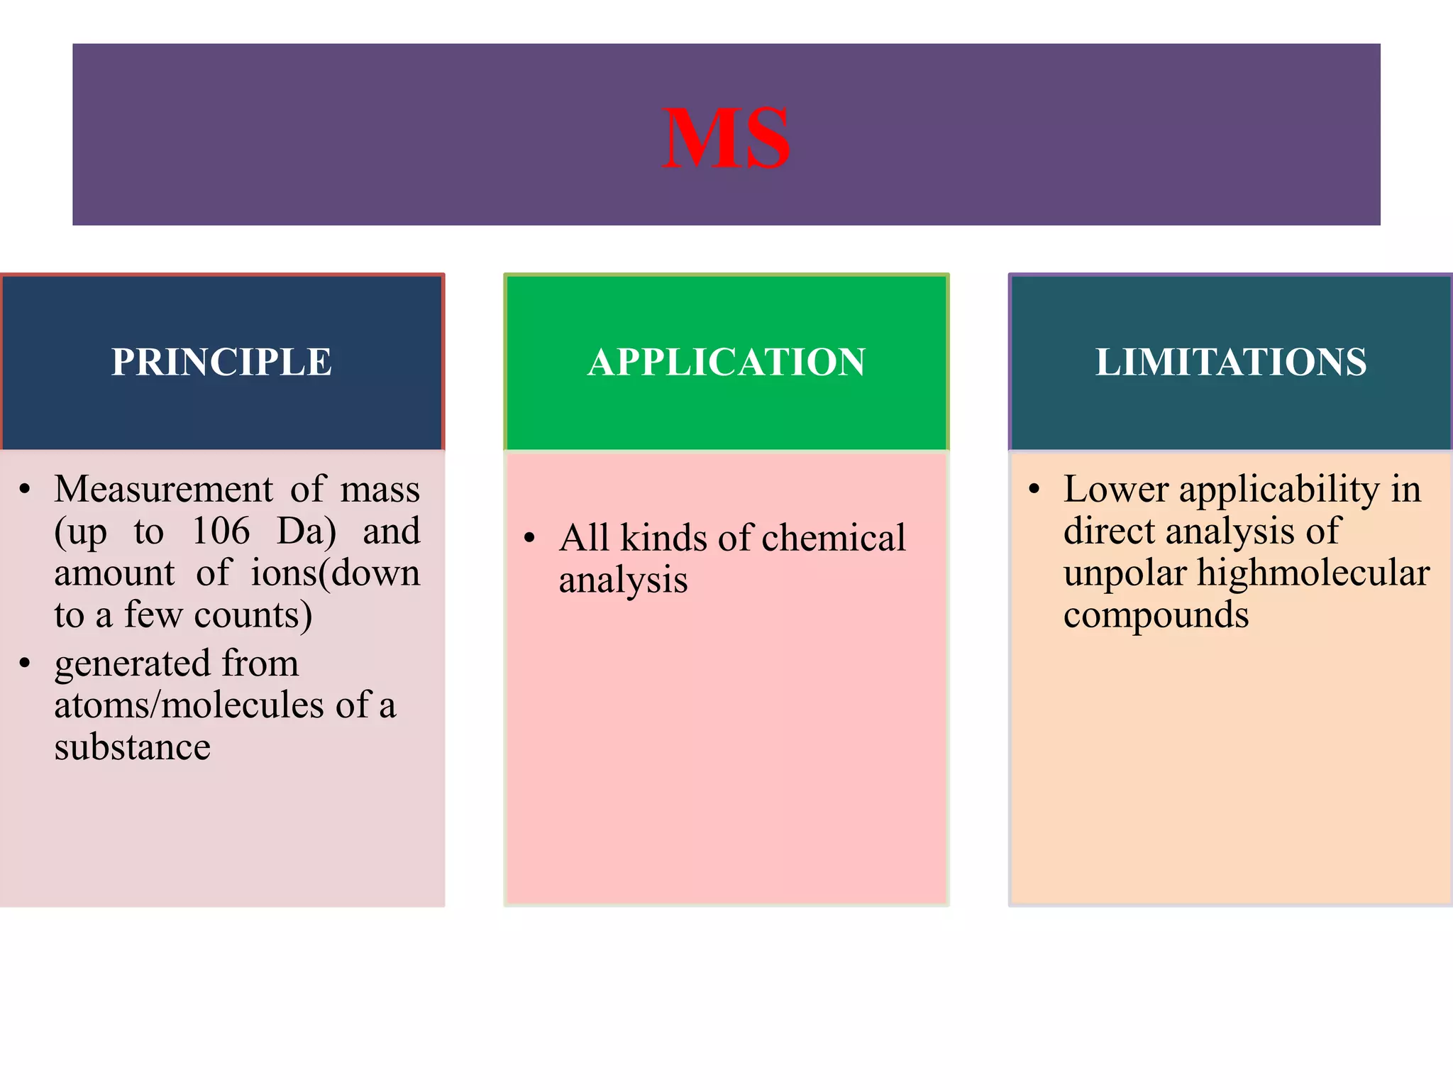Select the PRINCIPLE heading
[221, 362]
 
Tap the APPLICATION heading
[726, 362]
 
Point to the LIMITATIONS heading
[1231, 362]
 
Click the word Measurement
[163, 489]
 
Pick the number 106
[221, 531]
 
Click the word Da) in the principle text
[306, 532]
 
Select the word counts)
[253, 615]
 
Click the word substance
[132, 747]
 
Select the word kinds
[664, 538]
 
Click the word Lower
[1116, 489]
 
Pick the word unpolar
[1125, 573]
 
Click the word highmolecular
[1313, 573]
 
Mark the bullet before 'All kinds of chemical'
[529, 537]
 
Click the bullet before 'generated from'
[25, 663]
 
